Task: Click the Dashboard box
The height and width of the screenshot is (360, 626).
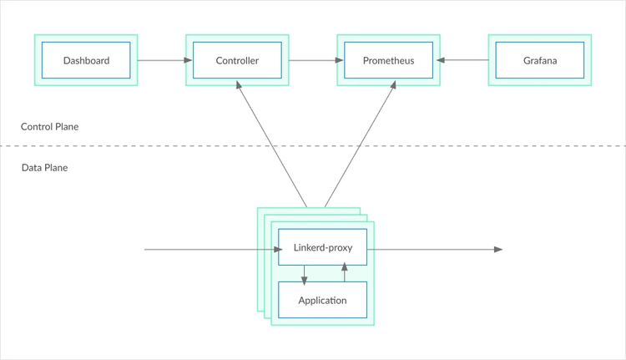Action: (86, 61)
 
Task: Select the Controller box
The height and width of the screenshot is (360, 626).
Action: (237, 61)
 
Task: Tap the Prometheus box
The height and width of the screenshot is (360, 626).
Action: (388, 61)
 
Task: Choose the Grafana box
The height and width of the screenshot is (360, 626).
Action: (540, 61)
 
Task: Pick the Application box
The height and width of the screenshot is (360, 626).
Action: (322, 300)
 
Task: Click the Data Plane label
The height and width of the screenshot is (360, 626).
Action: (45, 168)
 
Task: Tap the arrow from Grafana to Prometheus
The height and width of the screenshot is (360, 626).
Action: (464, 60)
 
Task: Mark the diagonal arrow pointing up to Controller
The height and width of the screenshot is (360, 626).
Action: (271, 144)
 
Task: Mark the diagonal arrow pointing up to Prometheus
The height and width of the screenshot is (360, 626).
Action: (359, 144)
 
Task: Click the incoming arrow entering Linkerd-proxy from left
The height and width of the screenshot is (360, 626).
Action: (209, 249)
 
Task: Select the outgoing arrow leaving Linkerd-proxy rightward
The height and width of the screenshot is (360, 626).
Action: (434, 249)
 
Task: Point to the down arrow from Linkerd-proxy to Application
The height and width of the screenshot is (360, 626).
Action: (304, 273)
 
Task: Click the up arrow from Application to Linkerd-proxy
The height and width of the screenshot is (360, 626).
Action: (344, 273)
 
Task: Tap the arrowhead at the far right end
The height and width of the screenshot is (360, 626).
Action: (497, 249)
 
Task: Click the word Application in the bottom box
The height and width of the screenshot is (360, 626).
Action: (322, 300)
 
